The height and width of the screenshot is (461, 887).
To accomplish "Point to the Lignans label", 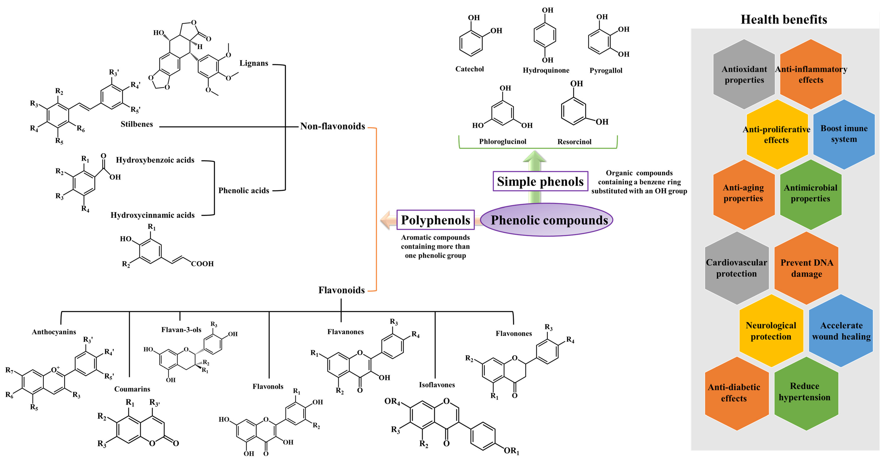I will pyautogui.click(x=254, y=63).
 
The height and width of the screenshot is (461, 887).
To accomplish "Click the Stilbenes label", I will pyautogui.click(x=137, y=124).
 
